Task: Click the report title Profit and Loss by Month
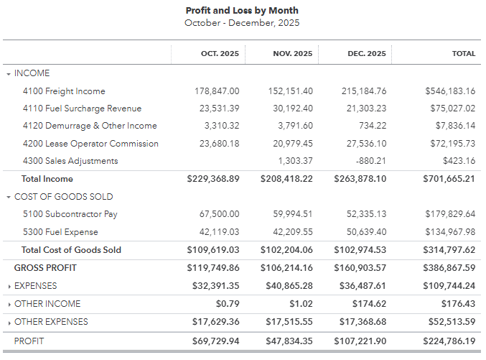point(242,11)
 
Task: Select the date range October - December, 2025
point(242,23)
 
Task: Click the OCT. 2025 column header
point(220,54)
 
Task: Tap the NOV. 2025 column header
point(293,54)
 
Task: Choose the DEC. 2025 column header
point(366,54)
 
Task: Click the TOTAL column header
point(463,54)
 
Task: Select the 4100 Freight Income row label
point(64,91)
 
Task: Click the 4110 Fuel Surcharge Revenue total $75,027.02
point(450,109)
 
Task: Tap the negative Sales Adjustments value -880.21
point(368,161)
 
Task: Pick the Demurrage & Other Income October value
point(221,126)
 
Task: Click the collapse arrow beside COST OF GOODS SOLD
point(9,197)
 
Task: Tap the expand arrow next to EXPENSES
point(9,286)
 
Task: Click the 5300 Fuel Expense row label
point(60,232)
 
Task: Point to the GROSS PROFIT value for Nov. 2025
point(285,268)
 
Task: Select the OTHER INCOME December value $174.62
point(370,304)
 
